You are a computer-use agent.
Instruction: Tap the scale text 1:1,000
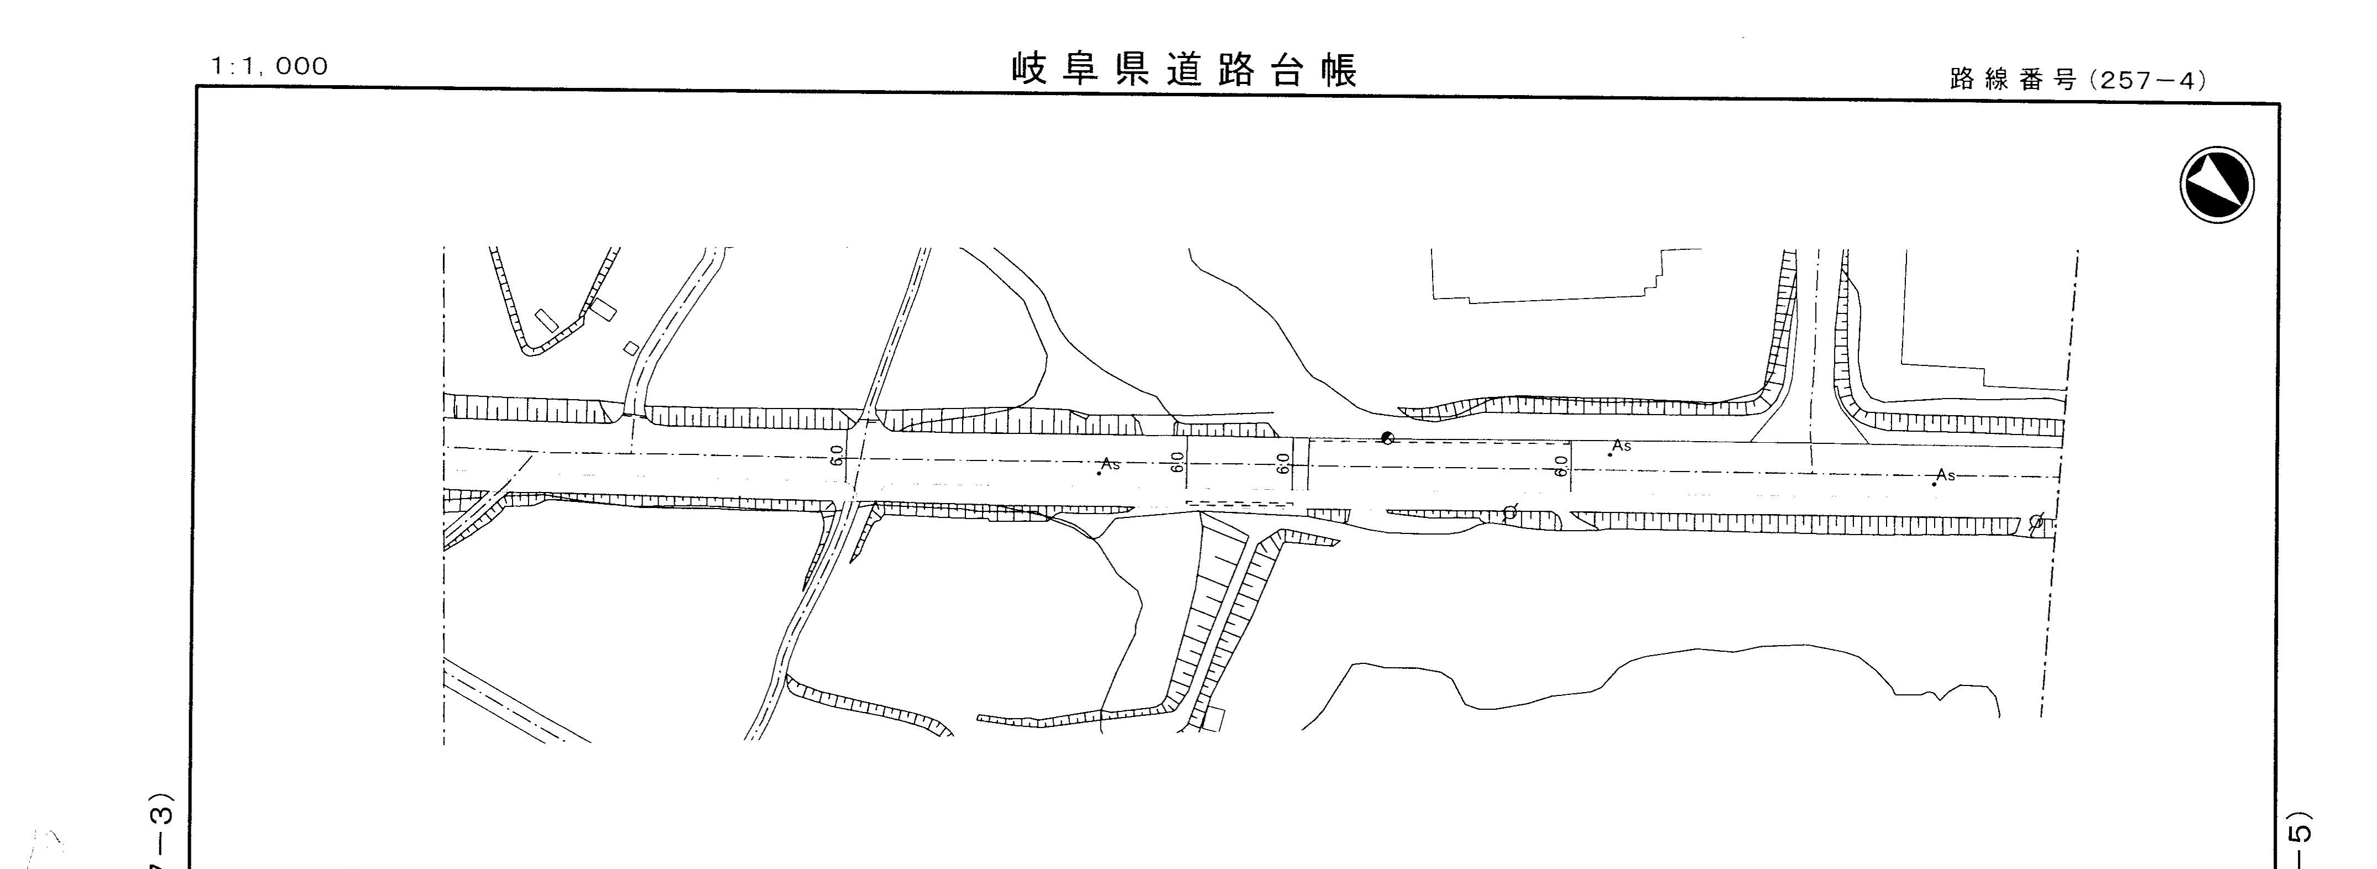(269, 66)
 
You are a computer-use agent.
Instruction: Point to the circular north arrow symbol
(2217, 185)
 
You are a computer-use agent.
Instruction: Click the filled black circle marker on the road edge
(1386, 438)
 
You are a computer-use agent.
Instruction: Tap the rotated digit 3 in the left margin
(163, 815)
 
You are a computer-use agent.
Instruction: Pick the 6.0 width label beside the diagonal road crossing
(836, 455)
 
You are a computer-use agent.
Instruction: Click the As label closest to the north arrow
(1945, 475)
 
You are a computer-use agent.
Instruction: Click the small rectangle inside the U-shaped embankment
(546, 320)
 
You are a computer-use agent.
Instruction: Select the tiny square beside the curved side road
(631, 348)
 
